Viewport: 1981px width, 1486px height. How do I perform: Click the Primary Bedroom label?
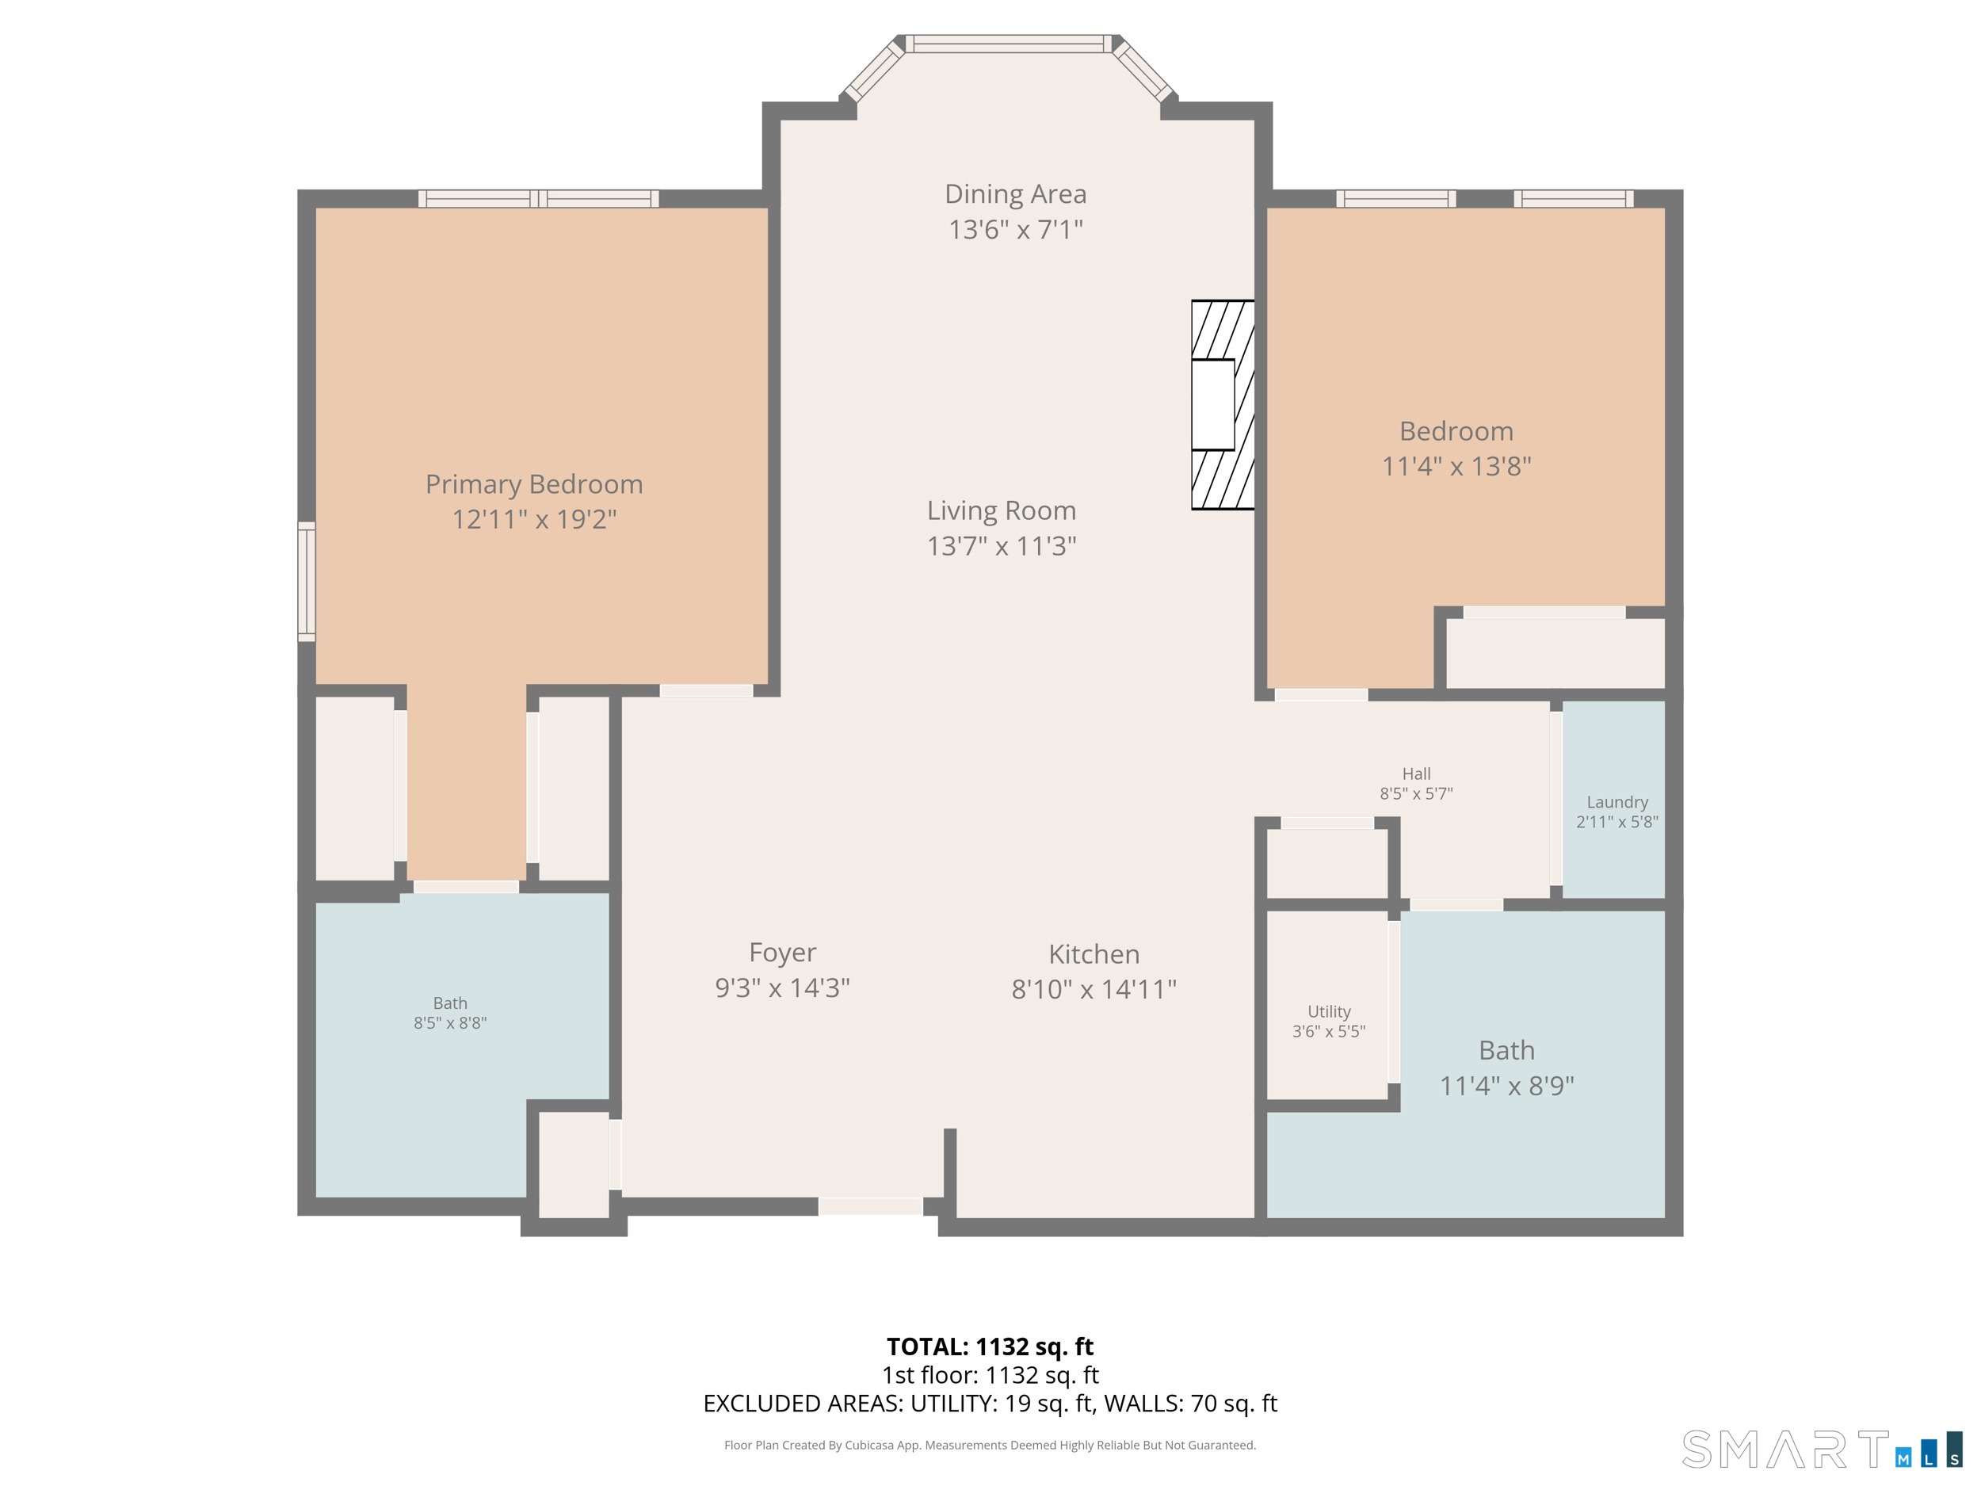(x=534, y=484)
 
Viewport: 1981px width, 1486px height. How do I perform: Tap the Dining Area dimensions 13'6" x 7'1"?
(x=1016, y=230)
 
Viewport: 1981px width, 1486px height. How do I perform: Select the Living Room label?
(x=1002, y=510)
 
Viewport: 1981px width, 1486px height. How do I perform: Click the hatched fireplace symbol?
(x=1223, y=405)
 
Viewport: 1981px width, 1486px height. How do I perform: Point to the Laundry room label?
(x=1617, y=803)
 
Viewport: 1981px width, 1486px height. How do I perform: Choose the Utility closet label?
(x=1329, y=1011)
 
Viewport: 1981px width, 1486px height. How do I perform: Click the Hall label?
(x=1416, y=774)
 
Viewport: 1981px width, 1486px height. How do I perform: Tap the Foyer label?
(x=783, y=952)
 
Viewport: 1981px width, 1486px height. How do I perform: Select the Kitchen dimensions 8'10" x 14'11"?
(x=1094, y=990)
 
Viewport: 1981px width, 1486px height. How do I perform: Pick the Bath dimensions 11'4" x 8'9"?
(x=1506, y=1086)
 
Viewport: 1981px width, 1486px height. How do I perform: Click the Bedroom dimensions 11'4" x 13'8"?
(x=1456, y=467)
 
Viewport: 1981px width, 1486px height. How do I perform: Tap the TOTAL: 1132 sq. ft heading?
(x=990, y=1347)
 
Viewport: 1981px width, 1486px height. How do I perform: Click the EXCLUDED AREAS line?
(x=990, y=1403)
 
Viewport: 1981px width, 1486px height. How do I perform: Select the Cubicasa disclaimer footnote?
(x=990, y=1445)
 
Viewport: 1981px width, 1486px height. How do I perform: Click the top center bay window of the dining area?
(x=1010, y=44)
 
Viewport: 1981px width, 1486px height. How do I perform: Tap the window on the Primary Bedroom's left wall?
(x=307, y=581)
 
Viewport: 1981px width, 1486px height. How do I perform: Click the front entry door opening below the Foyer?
(x=871, y=1206)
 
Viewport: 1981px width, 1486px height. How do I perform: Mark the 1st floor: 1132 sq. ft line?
(x=990, y=1375)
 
